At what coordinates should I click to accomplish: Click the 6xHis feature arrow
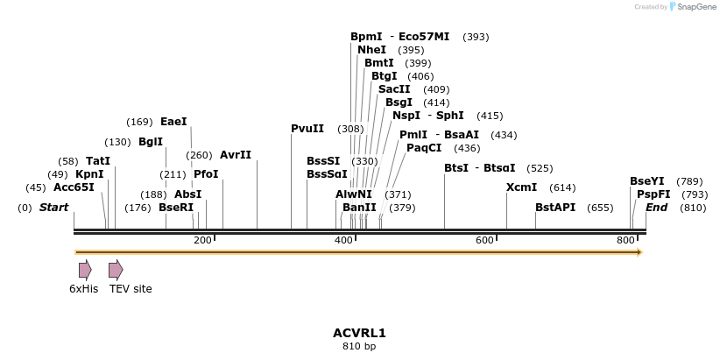pyautogui.click(x=85, y=269)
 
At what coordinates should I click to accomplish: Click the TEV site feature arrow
pyautogui.click(x=116, y=269)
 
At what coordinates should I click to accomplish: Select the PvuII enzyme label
pyautogui.click(x=307, y=129)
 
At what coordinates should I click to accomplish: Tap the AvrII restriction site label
pyautogui.click(x=236, y=155)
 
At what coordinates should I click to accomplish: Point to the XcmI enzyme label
pyautogui.click(x=522, y=187)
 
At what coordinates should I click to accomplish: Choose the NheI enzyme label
pyautogui.click(x=371, y=50)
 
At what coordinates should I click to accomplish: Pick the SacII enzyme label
pyautogui.click(x=394, y=89)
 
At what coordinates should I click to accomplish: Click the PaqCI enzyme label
pyautogui.click(x=424, y=148)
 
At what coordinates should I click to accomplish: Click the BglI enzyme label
pyautogui.click(x=151, y=142)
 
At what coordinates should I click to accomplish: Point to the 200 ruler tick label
pyautogui.click(x=202, y=240)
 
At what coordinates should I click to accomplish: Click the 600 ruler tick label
pyautogui.click(x=484, y=240)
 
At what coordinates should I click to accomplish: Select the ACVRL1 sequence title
pyautogui.click(x=359, y=333)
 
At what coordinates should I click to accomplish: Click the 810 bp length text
pyautogui.click(x=359, y=347)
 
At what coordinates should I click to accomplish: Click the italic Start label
pyautogui.click(x=54, y=208)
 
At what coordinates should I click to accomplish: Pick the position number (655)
pyautogui.click(x=600, y=208)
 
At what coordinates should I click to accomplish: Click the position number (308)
pyautogui.click(x=350, y=129)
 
